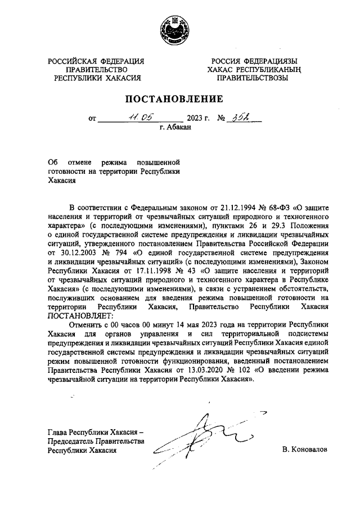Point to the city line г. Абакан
(x=175, y=128)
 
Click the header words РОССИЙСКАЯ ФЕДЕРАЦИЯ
(x=96, y=61)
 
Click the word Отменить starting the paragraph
(x=85, y=325)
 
